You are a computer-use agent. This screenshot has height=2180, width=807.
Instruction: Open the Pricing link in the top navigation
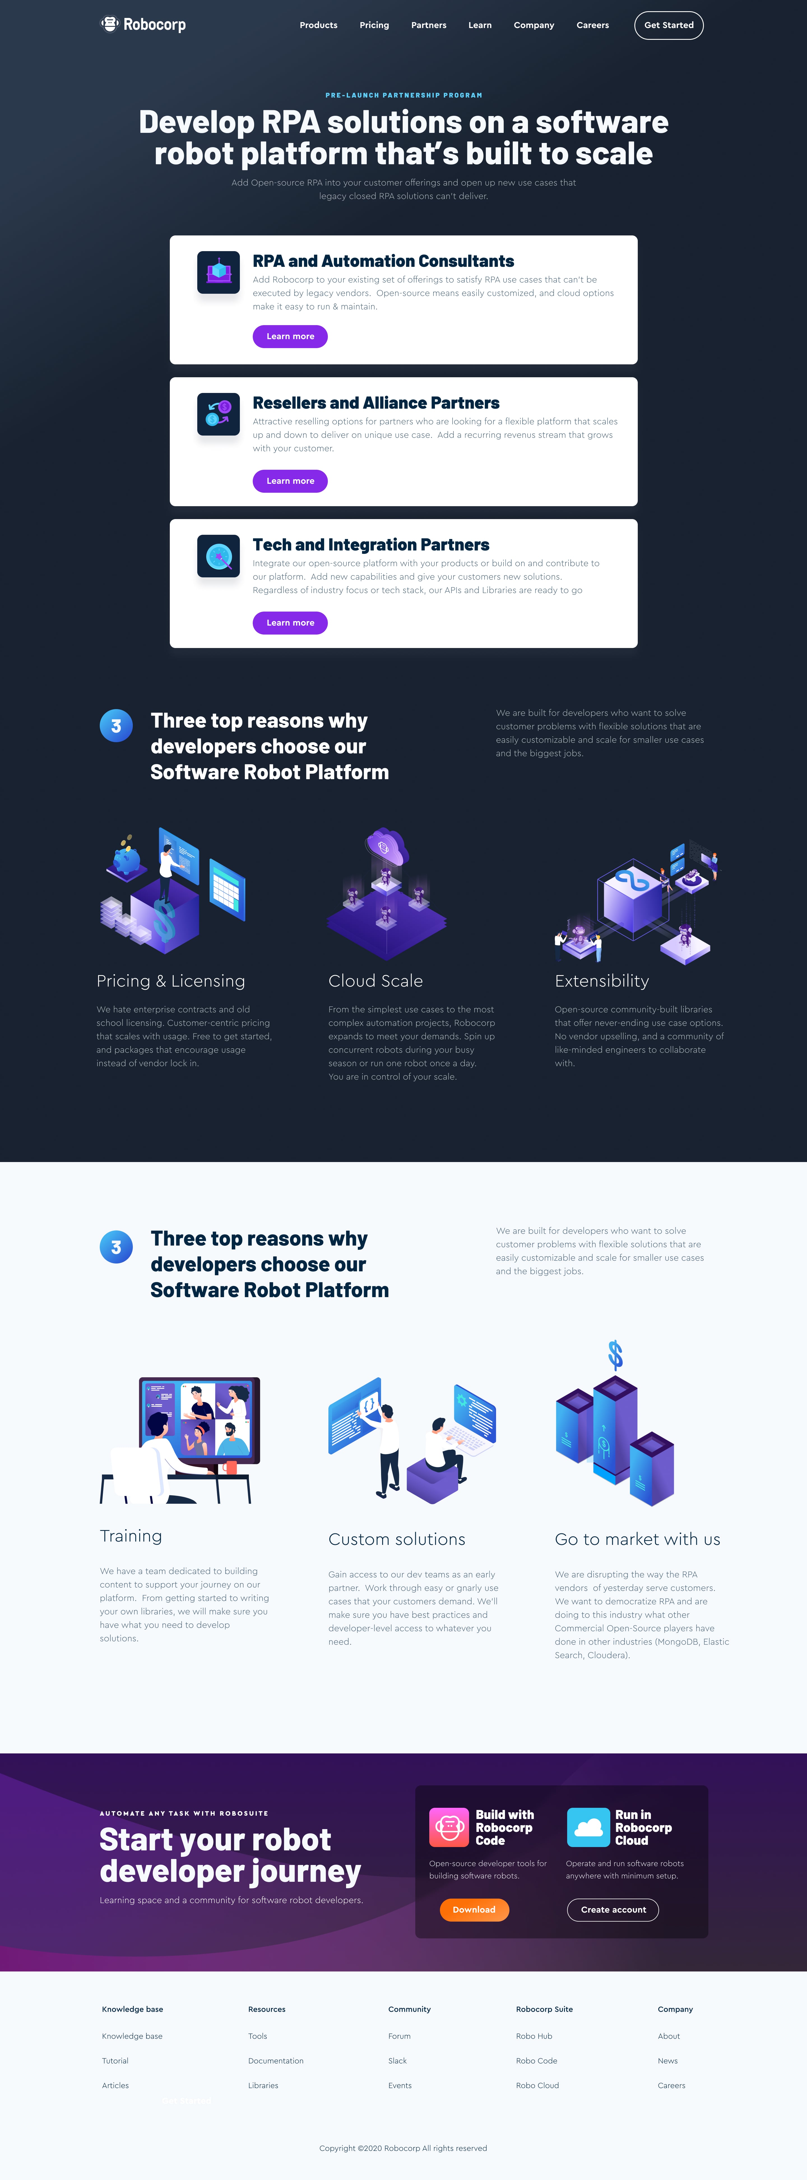pos(374,26)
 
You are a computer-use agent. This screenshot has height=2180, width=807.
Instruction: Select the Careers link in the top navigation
pos(592,26)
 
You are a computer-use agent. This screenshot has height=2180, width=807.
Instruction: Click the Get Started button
pos(668,26)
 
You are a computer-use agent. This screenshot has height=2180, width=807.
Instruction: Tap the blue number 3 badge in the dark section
pos(116,725)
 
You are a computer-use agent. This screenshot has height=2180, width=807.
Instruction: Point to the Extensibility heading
pos(601,981)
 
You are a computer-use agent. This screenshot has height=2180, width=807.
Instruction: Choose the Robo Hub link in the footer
pos(534,2036)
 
